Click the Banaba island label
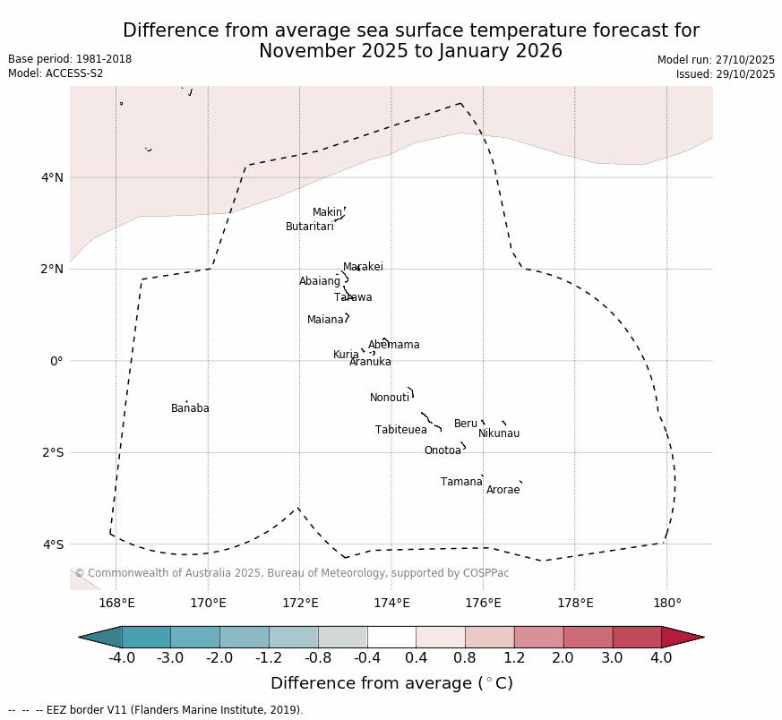click(x=190, y=409)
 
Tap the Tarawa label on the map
click(x=353, y=298)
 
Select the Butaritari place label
click(x=309, y=227)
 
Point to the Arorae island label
click(x=503, y=491)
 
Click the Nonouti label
click(x=390, y=399)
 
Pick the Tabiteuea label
click(x=401, y=431)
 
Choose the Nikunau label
click(x=499, y=434)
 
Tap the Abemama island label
click(x=393, y=346)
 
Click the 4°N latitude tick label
click(x=53, y=177)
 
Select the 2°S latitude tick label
click(x=53, y=453)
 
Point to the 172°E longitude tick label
click(x=300, y=604)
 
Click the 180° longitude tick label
click(x=666, y=604)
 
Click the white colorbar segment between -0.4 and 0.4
click(x=391, y=638)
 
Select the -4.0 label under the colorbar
click(x=122, y=659)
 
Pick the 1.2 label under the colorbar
click(x=514, y=659)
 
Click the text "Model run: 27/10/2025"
click(x=716, y=60)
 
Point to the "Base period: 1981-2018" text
click(x=70, y=59)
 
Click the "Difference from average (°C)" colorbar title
click(x=391, y=684)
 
